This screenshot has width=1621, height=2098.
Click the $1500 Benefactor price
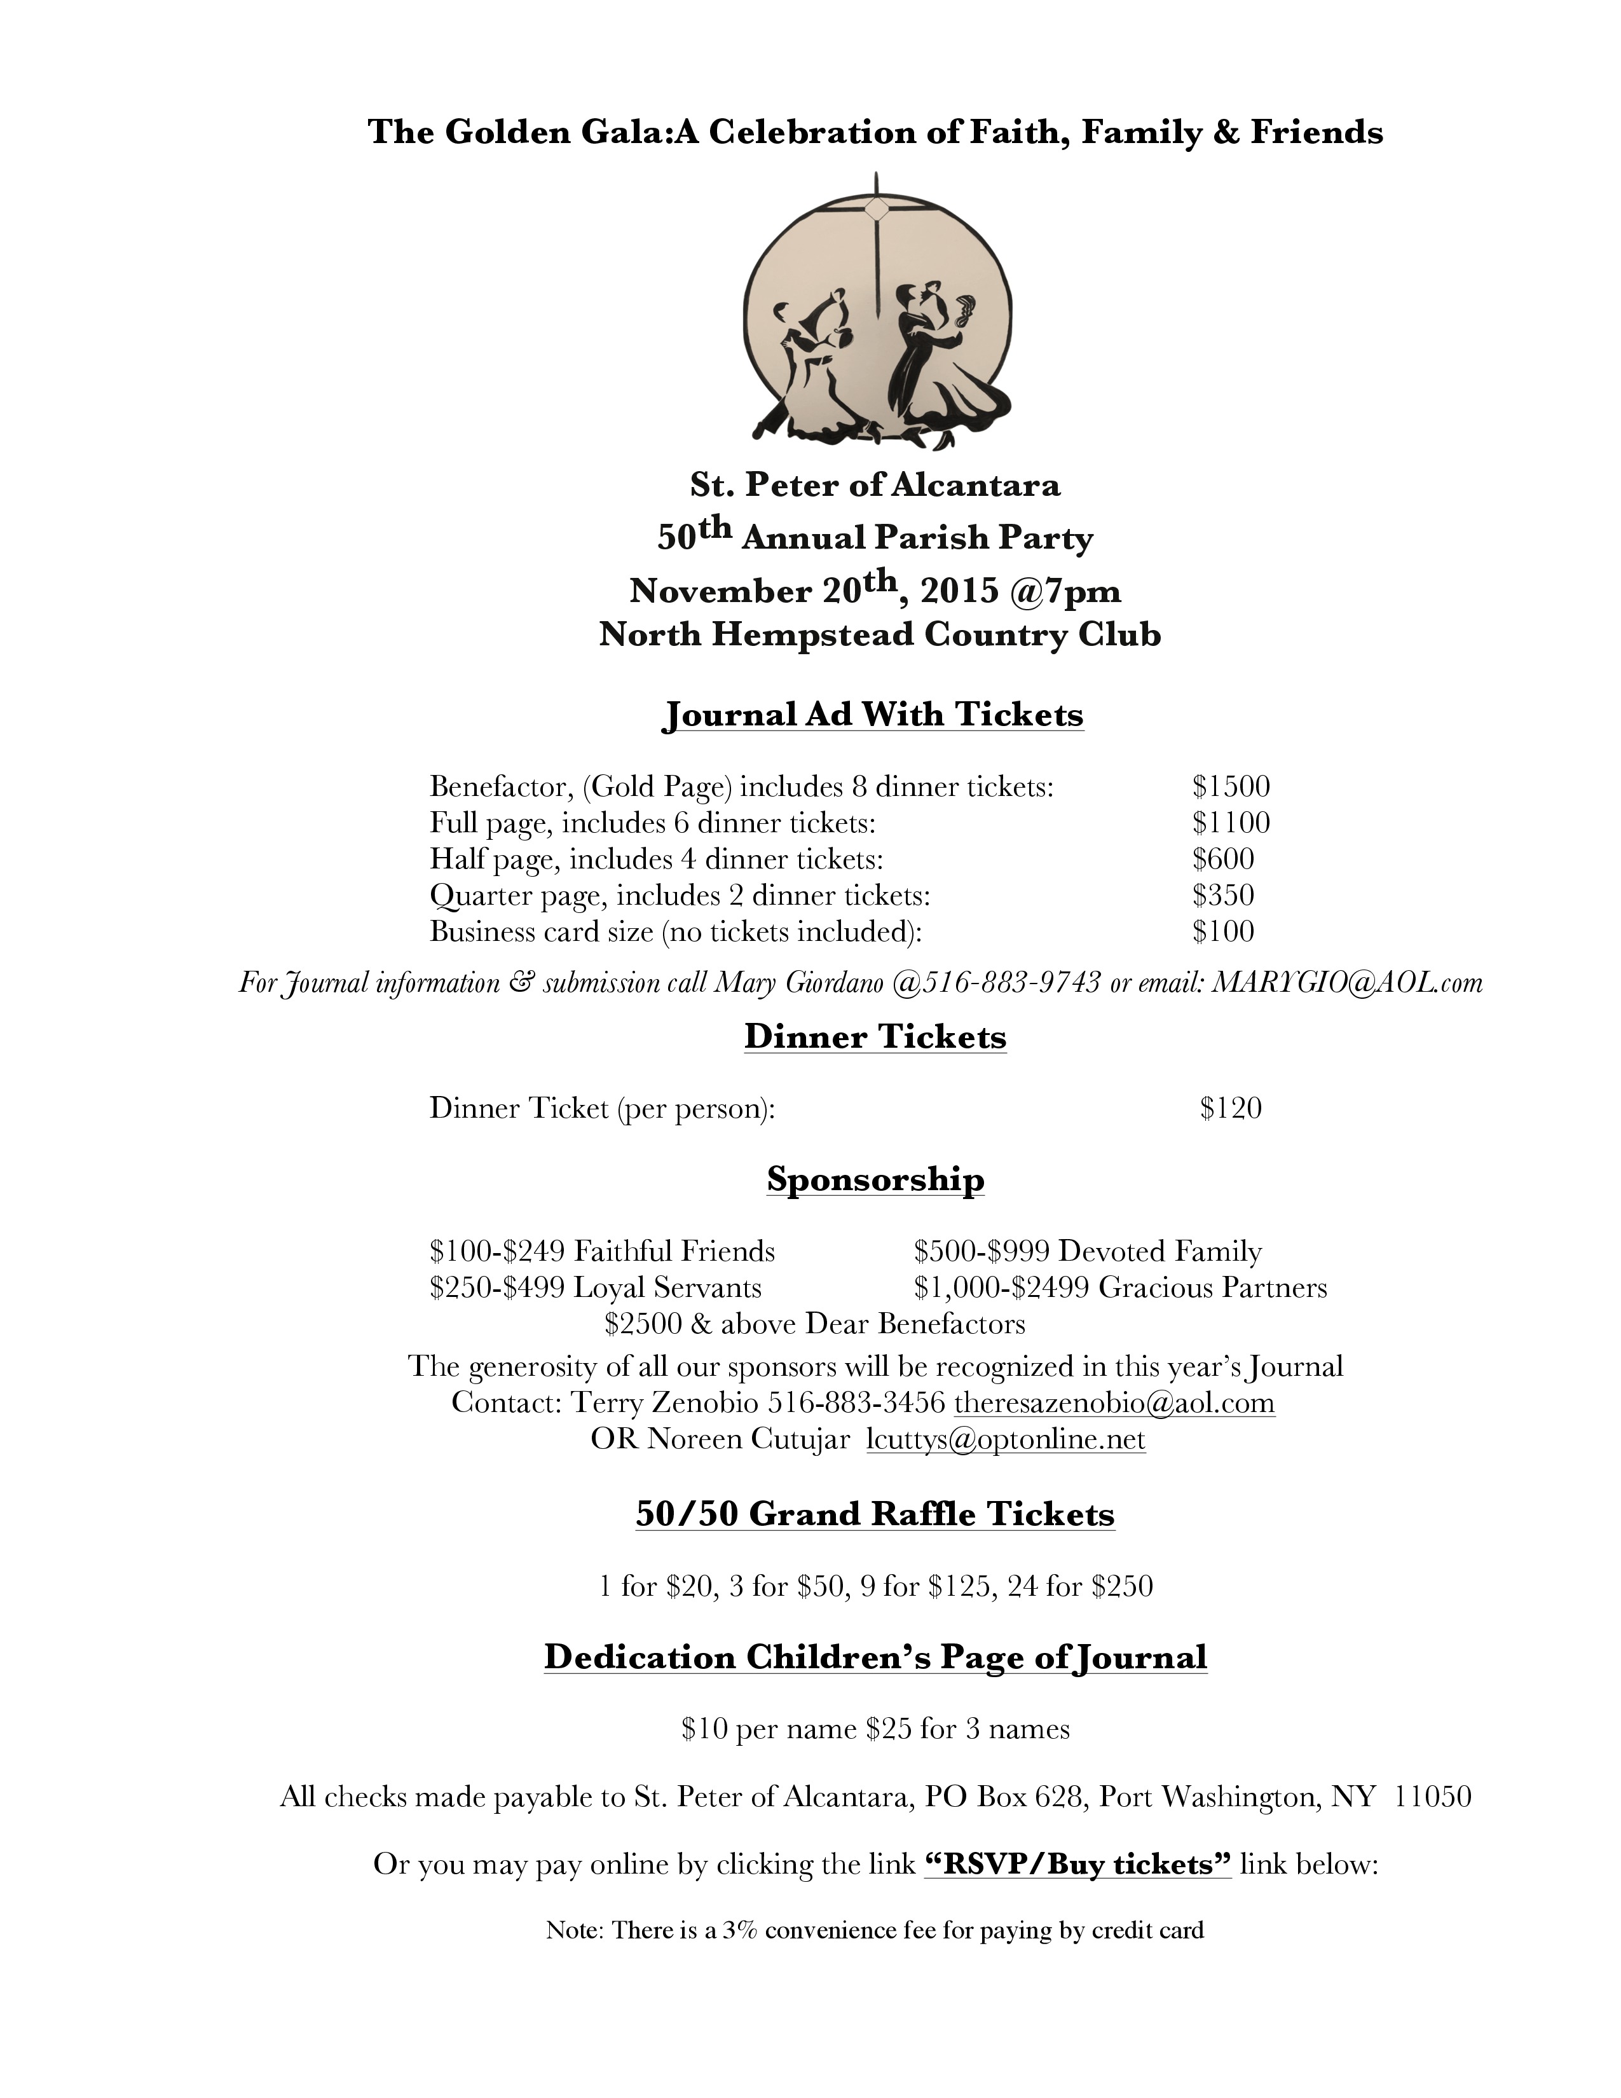tap(1230, 787)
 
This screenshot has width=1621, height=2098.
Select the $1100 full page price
tap(1230, 822)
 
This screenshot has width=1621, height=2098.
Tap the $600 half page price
tap(1222, 859)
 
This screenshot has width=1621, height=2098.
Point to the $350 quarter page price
tap(1222, 895)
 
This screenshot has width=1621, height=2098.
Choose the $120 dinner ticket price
tap(1230, 1109)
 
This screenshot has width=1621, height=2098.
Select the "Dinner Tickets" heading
tap(875, 1038)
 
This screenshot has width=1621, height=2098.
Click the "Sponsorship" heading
tap(875, 1179)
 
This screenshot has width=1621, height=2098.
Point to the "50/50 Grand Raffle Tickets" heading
tap(875, 1515)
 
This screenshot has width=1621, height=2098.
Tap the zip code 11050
tap(1432, 1797)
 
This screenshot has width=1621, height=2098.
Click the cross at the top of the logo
tap(876, 207)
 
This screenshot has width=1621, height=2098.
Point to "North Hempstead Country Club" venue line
tap(880, 636)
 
